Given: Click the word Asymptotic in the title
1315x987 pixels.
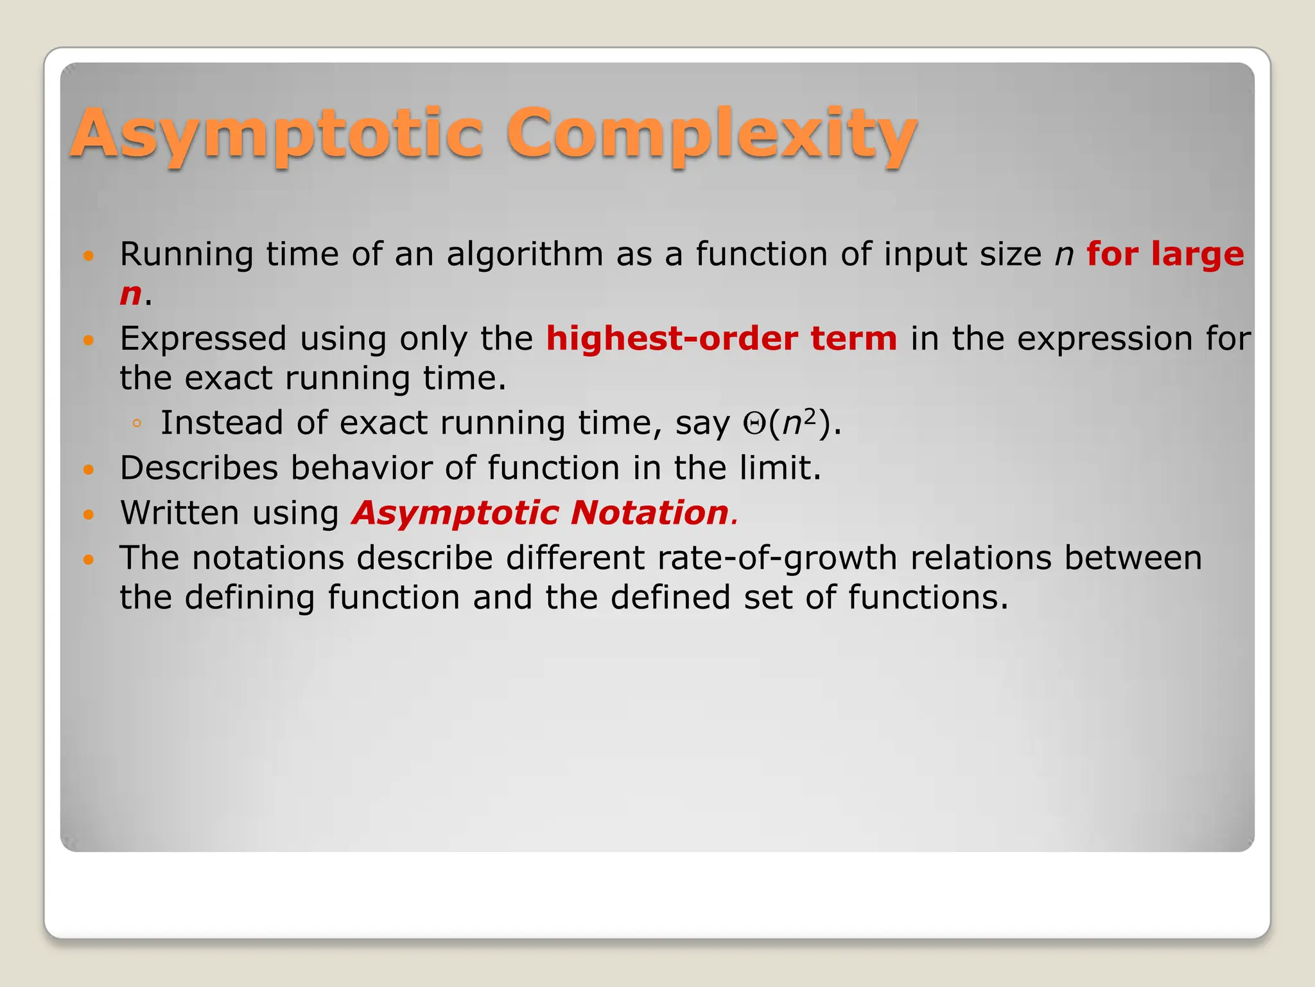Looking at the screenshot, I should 276,134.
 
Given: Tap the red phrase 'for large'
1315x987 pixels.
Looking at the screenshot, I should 1165,254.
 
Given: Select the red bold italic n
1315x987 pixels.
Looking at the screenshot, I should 130,294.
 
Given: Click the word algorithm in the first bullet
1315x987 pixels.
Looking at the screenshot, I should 525,255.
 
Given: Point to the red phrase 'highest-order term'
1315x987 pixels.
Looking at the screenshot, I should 721,339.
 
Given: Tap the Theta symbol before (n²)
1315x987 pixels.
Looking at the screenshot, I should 753,424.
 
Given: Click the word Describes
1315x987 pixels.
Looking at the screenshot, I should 198,468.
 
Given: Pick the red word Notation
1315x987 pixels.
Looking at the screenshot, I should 650,513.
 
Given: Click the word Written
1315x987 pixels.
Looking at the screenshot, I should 180,513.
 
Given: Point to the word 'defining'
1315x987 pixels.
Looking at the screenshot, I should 250,598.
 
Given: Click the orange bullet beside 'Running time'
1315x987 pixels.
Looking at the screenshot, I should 89,256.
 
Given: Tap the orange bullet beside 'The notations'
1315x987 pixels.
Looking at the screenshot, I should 89,560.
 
